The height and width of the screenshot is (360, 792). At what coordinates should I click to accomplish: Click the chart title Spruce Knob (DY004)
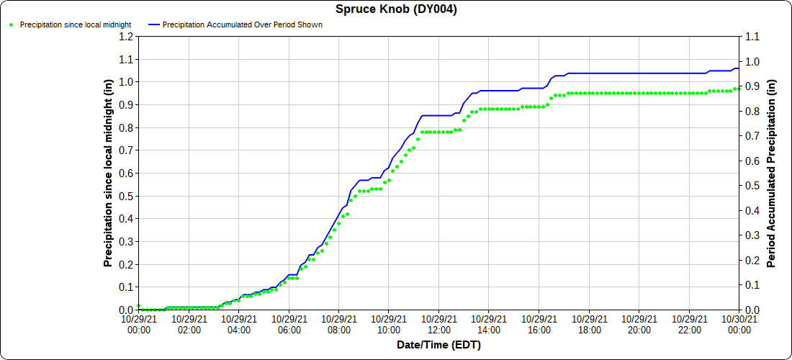coord(396,9)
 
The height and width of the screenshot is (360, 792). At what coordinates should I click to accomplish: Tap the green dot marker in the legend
coord(11,24)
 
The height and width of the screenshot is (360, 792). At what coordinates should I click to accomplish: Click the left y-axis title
coord(109,173)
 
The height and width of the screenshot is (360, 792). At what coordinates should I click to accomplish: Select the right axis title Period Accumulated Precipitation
coord(771,173)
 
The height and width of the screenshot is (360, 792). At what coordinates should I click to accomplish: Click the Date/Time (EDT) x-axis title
coord(438,345)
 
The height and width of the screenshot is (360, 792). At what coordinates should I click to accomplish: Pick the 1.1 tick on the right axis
coord(752,36)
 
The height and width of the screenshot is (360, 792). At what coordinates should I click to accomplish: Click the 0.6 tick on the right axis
coord(752,161)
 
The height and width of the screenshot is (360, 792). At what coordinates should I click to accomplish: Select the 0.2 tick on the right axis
coord(752,260)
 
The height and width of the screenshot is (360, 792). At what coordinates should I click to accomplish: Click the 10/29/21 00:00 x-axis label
coord(138,324)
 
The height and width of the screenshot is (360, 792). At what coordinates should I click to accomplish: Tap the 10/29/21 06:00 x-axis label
coord(289,324)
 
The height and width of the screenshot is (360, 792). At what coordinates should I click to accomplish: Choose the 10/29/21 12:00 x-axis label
coord(439,324)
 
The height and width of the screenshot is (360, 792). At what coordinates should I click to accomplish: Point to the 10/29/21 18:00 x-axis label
coord(589,324)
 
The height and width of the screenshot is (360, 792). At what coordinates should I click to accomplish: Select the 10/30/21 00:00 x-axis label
coord(739,324)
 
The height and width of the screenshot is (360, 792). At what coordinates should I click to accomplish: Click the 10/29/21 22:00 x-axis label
coord(689,324)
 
